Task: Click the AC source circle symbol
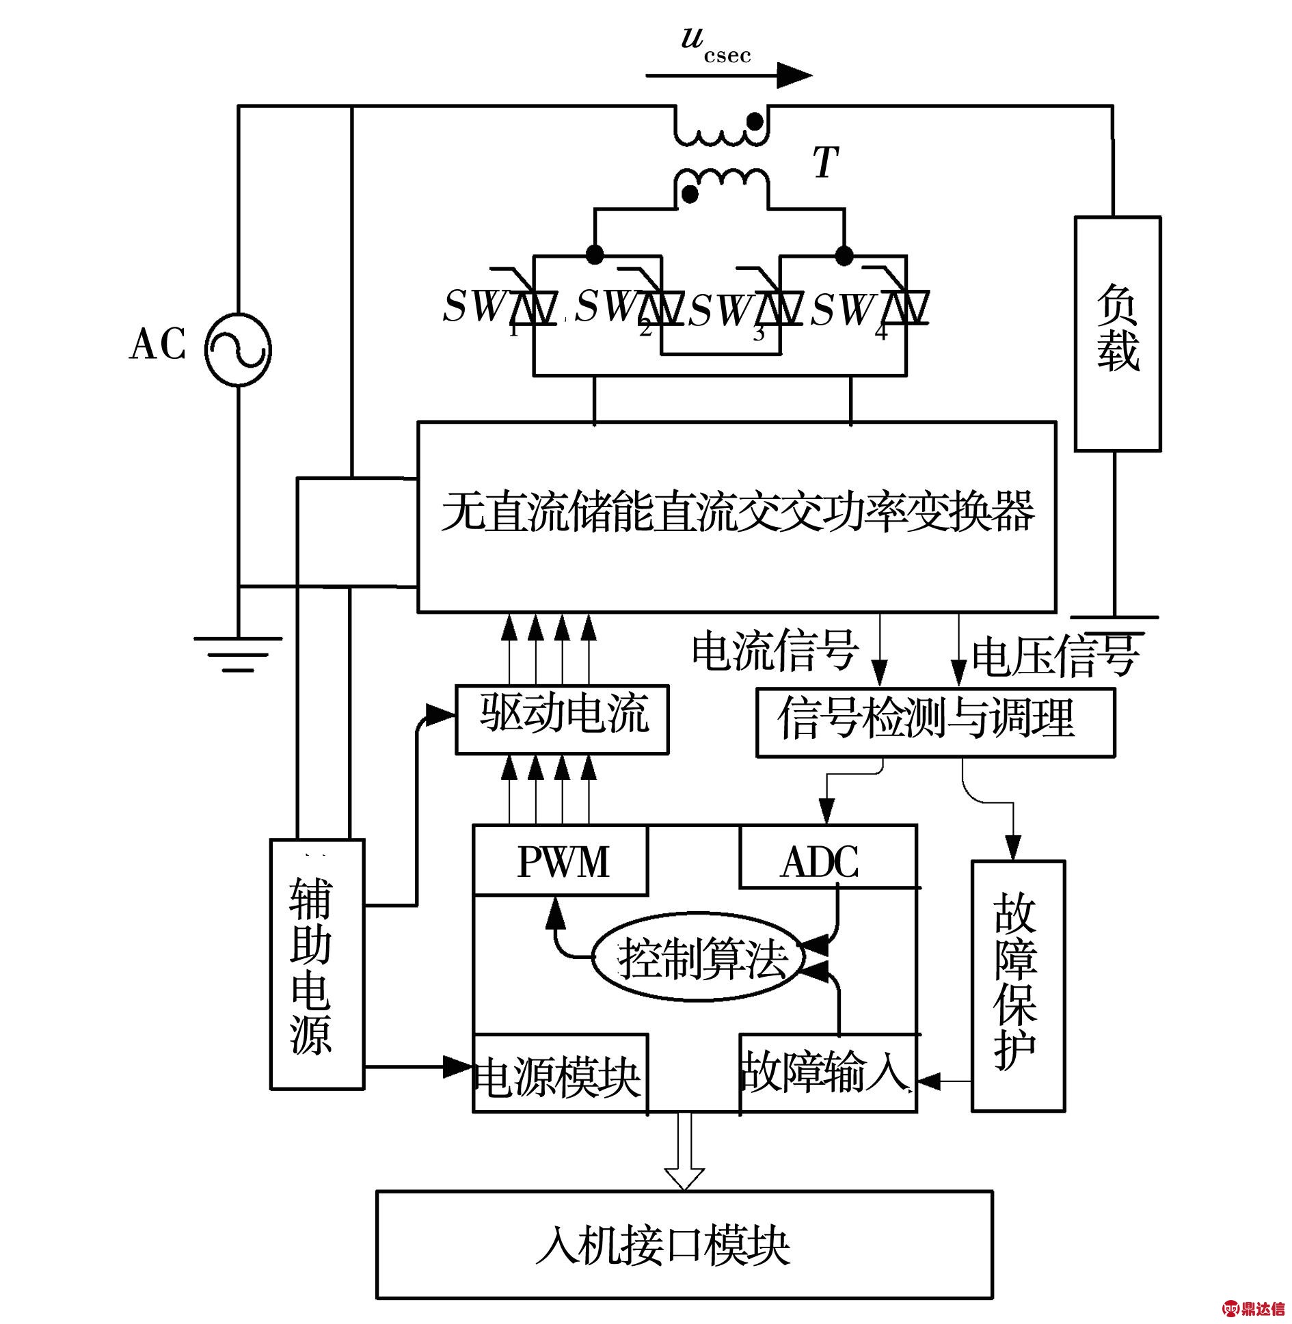pyautogui.click(x=238, y=349)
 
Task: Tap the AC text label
pyautogui.click(x=158, y=344)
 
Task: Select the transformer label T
pyautogui.click(x=825, y=163)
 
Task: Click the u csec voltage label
pyautogui.click(x=715, y=44)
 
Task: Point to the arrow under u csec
pyautogui.click(x=728, y=75)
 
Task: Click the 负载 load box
pyautogui.click(x=1117, y=334)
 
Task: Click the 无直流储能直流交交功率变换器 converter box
pyautogui.click(x=736, y=516)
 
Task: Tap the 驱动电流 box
pyautogui.click(x=562, y=719)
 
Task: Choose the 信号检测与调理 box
pyautogui.click(x=934, y=722)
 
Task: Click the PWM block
pyautogui.click(x=561, y=861)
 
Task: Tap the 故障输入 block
pyautogui.click(x=826, y=1072)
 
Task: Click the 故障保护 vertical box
pyautogui.click(x=1018, y=985)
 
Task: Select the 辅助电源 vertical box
pyautogui.click(x=317, y=963)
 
